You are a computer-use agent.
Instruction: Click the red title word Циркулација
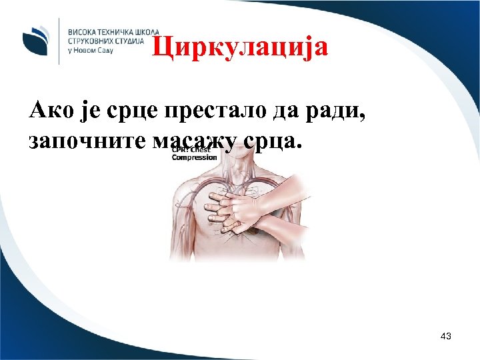239,47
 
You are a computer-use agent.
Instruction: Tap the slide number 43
446,337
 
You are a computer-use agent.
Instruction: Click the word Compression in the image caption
195,157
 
